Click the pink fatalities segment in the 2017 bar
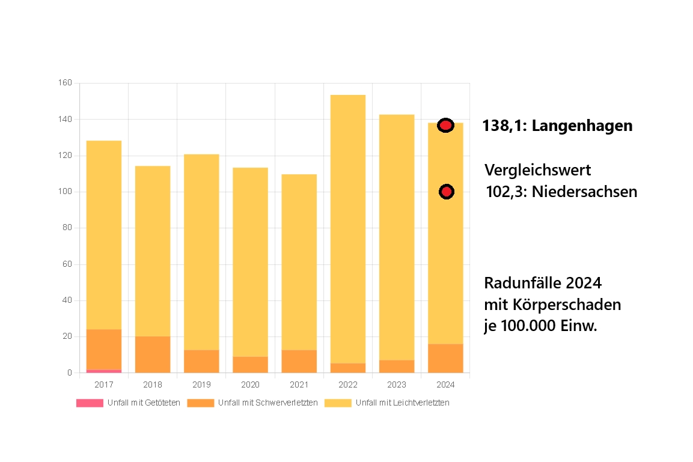[x=104, y=371]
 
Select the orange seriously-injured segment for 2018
[x=153, y=354]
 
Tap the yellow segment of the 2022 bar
[x=348, y=228]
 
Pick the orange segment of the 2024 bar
[x=445, y=358]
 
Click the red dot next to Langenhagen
[x=445, y=125]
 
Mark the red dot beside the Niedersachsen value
[x=446, y=192]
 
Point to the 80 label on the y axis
[x=67, y=228]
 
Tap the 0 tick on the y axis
[x=70, y=373]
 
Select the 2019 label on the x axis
[x=201, y=384]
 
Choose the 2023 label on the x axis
[x=397, y=384]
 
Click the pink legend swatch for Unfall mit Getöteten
[x=90, y=403]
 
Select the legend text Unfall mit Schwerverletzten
[x=268, y=403]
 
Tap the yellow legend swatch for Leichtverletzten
[x=338, y=403]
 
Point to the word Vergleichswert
[x=538, y=170]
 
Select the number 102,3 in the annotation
[x=505, y=192]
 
